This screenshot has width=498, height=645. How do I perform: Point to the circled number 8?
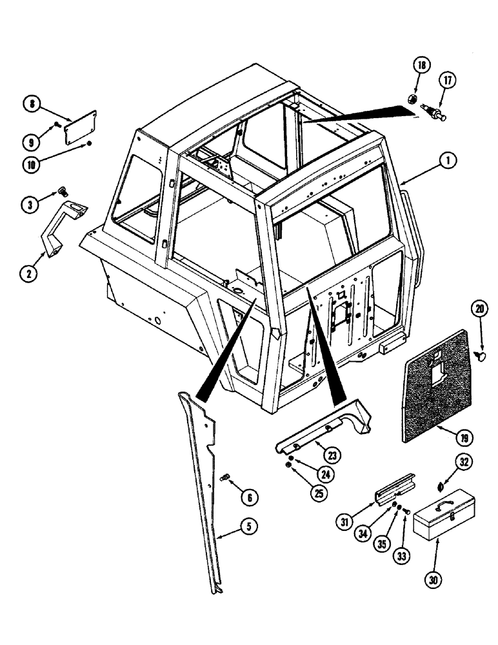[x=31, y=103]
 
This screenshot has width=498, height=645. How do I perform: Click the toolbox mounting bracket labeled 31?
[x=393, y=490]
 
